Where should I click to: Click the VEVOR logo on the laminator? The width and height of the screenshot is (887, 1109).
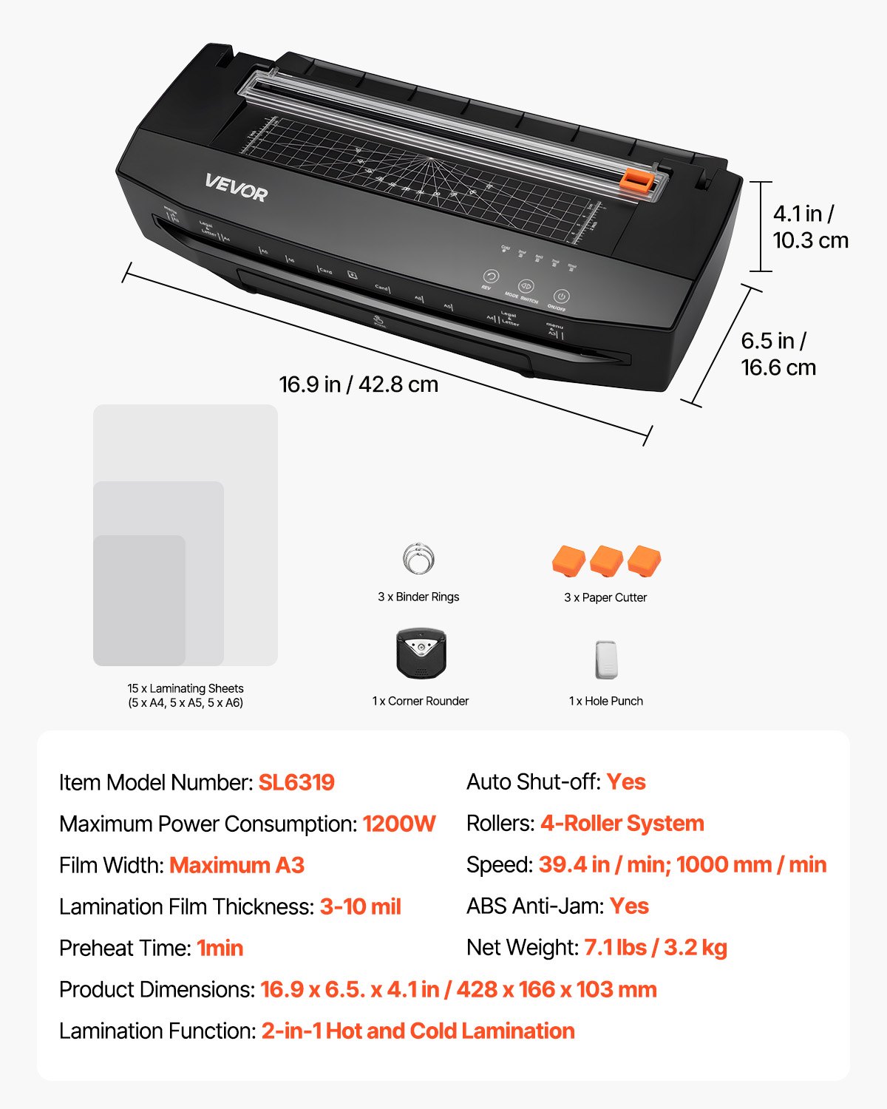tap(236, 188)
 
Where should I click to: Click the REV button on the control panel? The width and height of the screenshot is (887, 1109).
tap(491, 277)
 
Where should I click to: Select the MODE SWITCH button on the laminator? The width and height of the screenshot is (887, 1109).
tap(526, 286)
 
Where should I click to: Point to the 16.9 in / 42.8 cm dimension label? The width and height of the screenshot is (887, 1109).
tap(358, 384)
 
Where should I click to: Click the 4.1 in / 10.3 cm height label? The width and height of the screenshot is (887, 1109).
tap(810, 227)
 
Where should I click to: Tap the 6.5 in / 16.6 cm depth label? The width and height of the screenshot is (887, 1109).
tap(778, 354)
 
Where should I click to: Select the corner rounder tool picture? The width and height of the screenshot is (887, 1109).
tap(421, 653)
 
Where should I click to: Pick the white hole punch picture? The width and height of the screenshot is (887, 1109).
tap(605, 659)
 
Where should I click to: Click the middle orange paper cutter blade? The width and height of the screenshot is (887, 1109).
tap(606, 561)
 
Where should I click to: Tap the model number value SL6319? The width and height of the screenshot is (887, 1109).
tap(296, 782)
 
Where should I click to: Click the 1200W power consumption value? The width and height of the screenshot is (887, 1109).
tap(399, 824)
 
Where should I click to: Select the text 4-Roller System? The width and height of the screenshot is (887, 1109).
tap(622, 823)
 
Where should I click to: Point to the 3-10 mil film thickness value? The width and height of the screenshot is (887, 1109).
tap(360, 906)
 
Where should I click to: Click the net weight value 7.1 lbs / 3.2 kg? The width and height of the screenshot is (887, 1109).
tap(656, 947)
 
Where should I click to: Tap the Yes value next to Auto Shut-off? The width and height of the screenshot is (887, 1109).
tap(626, 781)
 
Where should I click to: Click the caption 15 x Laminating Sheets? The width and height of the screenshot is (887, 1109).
tap(186, 688)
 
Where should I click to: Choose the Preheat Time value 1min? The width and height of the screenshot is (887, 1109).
tap(220, 948)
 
